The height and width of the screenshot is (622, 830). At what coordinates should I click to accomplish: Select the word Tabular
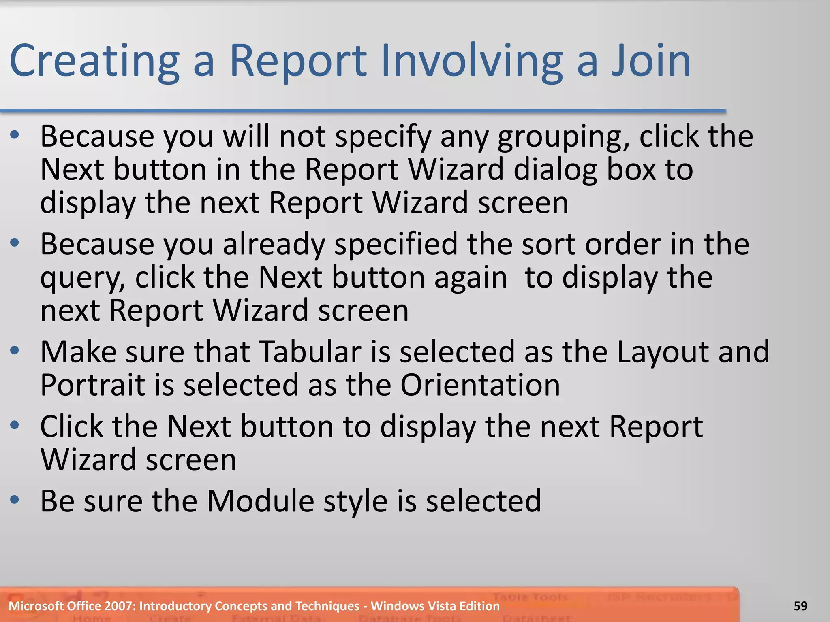tap(310, 351)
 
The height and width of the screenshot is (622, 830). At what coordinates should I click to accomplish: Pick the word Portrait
tap(92, 385)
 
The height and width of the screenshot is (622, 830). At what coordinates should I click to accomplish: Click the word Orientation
tap(480, 385)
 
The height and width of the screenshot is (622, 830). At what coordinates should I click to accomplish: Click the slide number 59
tap(800, 606)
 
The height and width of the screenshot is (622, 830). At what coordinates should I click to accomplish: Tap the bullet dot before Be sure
tap(15, 500)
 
